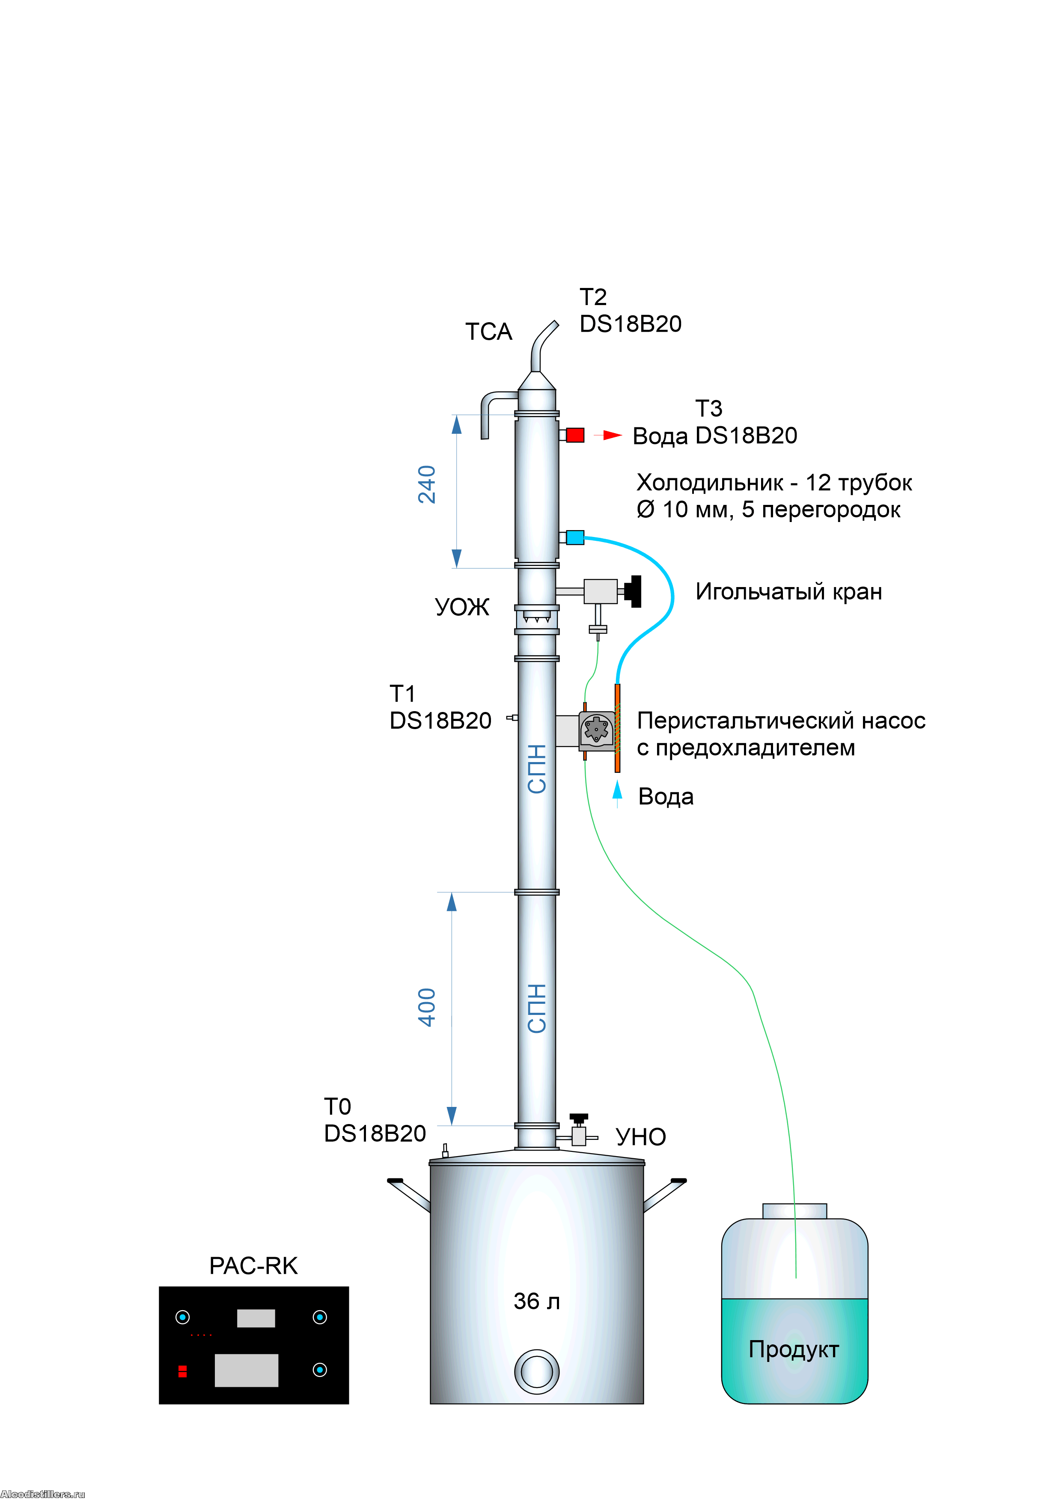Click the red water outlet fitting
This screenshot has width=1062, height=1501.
point(575,435)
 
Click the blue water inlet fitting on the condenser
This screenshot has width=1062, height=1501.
point(575,537)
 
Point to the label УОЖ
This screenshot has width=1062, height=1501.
point(462,607)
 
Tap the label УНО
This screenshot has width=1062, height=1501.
point(641,1137)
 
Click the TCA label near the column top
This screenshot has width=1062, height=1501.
point(488,332)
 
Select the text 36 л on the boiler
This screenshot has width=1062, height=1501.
point(536,1301)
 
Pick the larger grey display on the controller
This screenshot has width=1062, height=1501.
point(247,1370)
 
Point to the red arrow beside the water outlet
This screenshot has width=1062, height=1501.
point(611,435)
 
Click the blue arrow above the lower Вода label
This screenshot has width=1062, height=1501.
point(617,791)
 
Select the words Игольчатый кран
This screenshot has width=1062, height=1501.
point(788,592)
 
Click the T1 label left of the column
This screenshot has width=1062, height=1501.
point(402,693)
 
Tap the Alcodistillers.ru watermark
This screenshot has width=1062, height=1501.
point(42,1494)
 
